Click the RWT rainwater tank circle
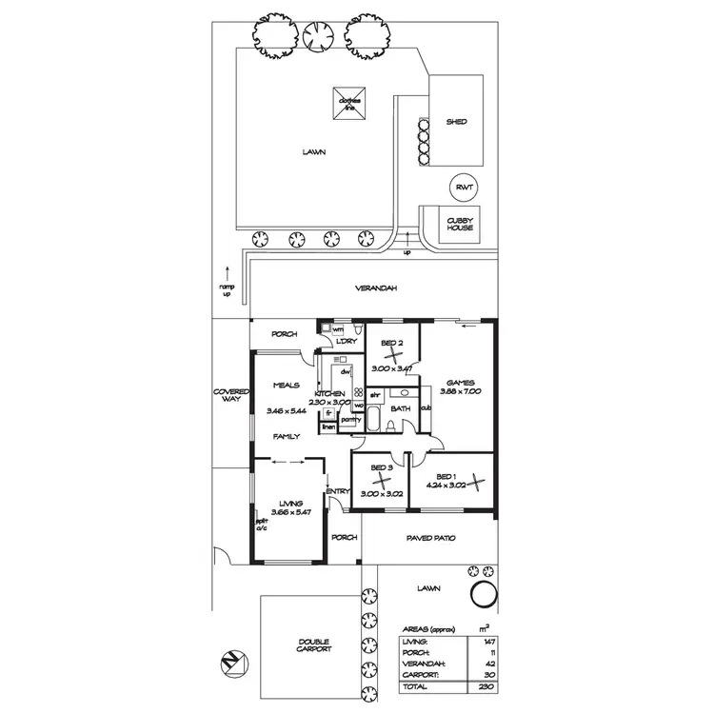click(464, 188)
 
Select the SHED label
click(457, 123)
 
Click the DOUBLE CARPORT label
click(314, 644)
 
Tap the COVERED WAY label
click(230, 396)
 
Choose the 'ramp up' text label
click(226, 289)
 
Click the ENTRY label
click(337, 491)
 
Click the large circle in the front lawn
click(485, 597)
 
